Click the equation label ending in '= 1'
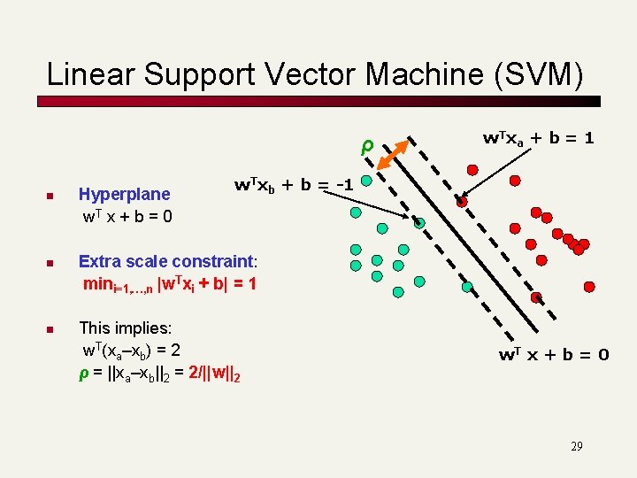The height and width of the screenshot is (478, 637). pyautogui.click(x=537, y=138)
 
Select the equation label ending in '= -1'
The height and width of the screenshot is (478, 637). pyautogui.click(x=294, y=185)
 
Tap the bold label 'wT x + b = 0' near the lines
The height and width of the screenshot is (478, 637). pyautogui.click(x=553, y=355)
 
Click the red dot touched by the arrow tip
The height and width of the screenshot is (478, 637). pyautogui.click(x=462, y=202)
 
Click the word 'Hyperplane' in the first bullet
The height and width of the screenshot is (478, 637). pyautogui.click(x=125, y=194)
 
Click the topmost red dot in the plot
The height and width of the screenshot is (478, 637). pyautogui.click(x=514, y=181)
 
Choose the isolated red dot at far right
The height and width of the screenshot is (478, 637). pyautogui.click(x=590, y=286)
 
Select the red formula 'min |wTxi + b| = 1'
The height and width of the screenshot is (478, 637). pyautogui.click(x=169, y=285)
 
